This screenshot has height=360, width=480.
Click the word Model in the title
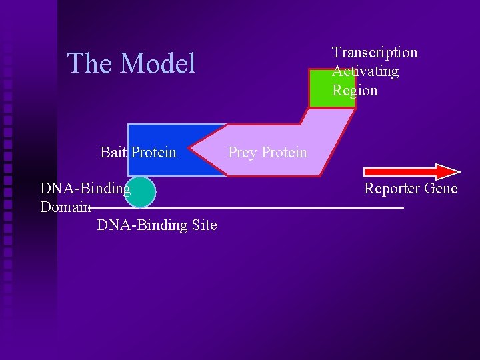click(157, 63)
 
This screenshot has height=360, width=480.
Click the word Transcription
click(375, 53)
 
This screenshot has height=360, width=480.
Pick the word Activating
click(365, 71)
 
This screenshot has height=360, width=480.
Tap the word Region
click(355, 90)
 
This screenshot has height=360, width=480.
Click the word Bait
click(113, 152)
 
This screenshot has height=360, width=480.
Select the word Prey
click(243, 152)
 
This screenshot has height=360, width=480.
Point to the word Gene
click(442, 189)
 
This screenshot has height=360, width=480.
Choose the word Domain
click(65, 207)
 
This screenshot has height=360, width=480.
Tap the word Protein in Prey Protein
click(285, 152)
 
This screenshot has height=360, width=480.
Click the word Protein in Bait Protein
click(154, 152)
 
